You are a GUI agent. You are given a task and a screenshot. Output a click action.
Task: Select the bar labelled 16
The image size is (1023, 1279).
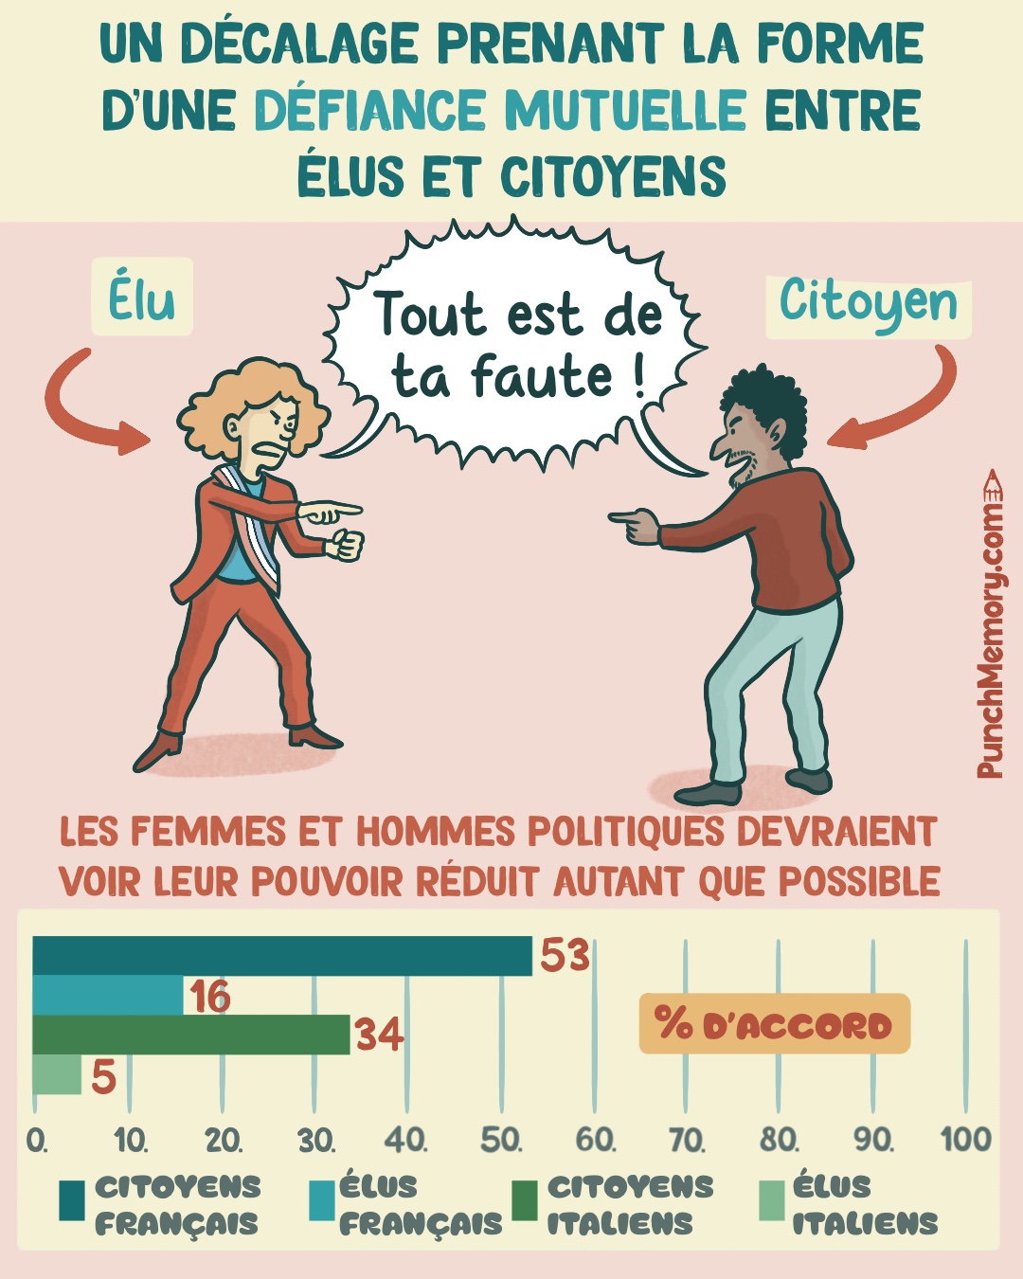[108, 995]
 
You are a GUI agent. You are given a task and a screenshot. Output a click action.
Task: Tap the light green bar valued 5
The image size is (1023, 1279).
[57, 1074]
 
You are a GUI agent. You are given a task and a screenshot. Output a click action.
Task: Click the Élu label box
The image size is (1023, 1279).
[142, 297]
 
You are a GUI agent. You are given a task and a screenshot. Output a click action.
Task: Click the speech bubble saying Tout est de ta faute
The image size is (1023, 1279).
[516, 346]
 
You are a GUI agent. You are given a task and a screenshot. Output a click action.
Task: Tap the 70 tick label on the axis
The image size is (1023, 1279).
[687, 1140]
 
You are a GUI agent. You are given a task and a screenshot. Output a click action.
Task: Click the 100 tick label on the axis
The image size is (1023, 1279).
[965, 1139]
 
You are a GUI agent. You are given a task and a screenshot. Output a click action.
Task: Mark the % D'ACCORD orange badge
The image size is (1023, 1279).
[774, 1024]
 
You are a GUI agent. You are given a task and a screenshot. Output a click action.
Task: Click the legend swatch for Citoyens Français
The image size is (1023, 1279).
[72, 1200]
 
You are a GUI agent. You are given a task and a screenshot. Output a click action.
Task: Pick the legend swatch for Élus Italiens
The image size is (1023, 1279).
[773, 1200]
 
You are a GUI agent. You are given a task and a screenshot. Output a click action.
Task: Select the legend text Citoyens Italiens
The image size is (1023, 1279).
[630, 1204]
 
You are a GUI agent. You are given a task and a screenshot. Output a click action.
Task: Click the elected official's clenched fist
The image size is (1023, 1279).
[347, 545]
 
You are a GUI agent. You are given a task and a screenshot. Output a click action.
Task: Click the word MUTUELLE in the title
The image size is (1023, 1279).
[625, 110]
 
